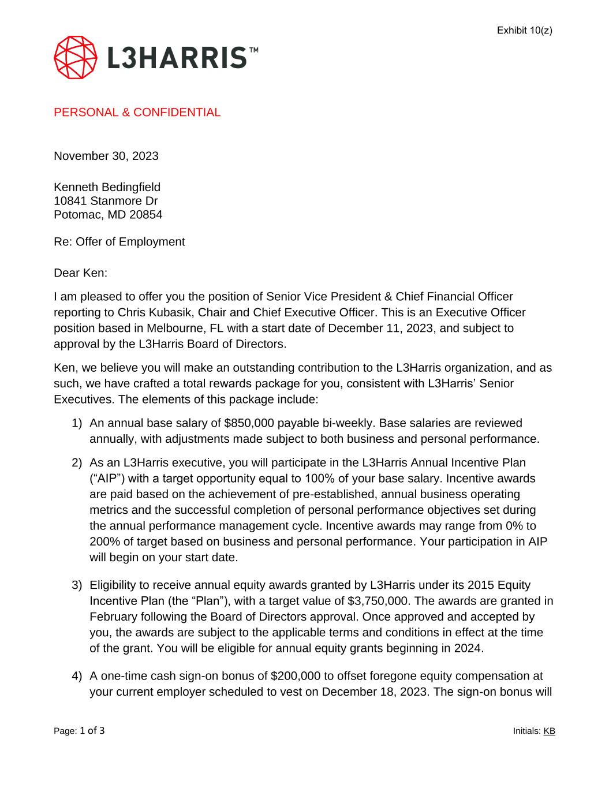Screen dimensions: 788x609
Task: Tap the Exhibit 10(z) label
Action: click(524, 30)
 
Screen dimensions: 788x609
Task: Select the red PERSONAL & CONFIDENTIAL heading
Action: click(137, 113)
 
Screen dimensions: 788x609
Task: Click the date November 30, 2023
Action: click(106, 156)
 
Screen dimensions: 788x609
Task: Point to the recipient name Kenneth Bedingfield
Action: click(107, 187)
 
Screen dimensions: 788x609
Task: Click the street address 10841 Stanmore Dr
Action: click(106, 201)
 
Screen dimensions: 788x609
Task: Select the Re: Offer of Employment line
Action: click(119, 242)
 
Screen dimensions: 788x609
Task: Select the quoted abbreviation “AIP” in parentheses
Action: click(106, 479)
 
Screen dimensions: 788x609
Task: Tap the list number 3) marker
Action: click(77, 585)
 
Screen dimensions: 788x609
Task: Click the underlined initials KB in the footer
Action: click(549, 731)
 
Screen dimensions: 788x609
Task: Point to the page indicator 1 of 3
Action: click(92, 731)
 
